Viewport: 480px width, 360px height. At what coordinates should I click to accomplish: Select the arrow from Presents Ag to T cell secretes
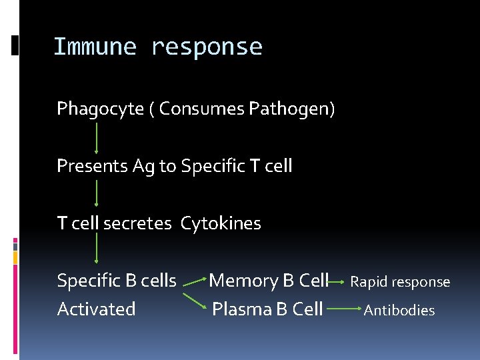point(97,194)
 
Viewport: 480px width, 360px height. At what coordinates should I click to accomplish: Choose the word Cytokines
point(221,223)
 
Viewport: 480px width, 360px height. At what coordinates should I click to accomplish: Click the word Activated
point(96,309)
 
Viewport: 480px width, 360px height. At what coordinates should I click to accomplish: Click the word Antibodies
point(399,310)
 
